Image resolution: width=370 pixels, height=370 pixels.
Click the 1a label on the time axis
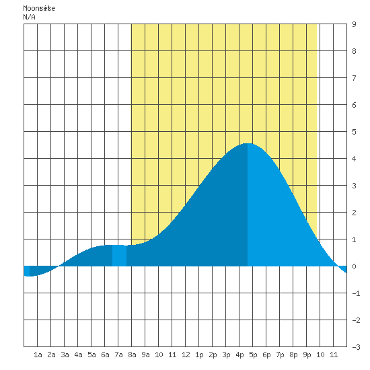38,355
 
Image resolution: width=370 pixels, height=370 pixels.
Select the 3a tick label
65,355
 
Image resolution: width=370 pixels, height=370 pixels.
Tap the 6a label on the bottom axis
105,355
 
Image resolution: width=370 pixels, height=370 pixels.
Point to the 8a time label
132,355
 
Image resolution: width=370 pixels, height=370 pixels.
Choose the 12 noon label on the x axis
186,355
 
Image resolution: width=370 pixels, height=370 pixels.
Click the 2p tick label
213,355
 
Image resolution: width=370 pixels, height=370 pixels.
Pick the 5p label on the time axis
253,355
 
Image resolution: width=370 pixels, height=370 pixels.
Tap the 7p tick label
280,355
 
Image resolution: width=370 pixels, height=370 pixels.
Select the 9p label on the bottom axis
307,355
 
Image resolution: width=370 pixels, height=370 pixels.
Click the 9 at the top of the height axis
354,24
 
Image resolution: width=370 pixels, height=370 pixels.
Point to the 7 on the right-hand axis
354,78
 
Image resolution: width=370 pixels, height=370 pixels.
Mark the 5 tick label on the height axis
354,132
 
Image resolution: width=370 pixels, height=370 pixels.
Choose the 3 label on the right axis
354,186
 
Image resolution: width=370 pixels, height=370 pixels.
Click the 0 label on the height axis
354,266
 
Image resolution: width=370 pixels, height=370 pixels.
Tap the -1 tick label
356,293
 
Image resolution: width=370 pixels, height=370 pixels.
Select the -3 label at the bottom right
356,347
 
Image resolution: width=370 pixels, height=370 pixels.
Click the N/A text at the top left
29,17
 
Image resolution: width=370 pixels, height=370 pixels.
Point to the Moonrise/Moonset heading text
39,8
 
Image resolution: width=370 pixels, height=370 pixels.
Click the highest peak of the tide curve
248,143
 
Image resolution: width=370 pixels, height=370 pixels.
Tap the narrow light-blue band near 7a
119,256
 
